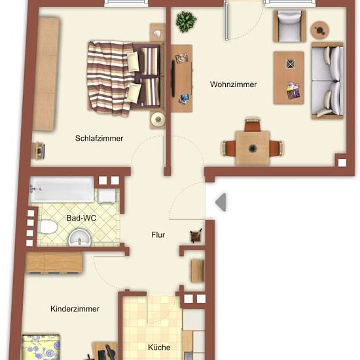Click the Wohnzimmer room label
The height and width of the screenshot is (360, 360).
click(233, 84)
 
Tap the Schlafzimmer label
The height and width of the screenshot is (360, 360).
click(99, 138)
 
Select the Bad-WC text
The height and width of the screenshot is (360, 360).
click(81, 218)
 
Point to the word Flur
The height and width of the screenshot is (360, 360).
click(158, 234)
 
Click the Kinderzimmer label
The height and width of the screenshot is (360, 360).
click(75, 309)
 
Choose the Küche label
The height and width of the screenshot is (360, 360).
click(159, 348)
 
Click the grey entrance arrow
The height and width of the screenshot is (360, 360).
click(221, 202)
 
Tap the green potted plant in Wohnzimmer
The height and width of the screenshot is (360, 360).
click(186, 22)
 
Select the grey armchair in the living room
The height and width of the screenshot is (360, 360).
click(289, 26)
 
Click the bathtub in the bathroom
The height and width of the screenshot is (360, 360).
click(62, 189)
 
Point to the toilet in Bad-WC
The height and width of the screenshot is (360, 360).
click(47, 227)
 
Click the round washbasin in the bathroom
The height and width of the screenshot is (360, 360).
click(80, 238)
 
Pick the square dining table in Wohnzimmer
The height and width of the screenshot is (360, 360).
click(252, 148)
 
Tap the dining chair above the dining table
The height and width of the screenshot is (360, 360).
click(252, 124)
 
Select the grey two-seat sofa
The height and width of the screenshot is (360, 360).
click(327, 81)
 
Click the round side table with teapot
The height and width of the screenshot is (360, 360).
click(320, 30)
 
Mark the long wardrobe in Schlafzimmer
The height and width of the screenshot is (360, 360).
click(46, 74)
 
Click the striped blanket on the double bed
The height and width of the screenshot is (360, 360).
click(109, 78)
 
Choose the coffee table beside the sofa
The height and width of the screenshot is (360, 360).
click(289, 78)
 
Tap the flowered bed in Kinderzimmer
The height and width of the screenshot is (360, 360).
click(41, 348)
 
